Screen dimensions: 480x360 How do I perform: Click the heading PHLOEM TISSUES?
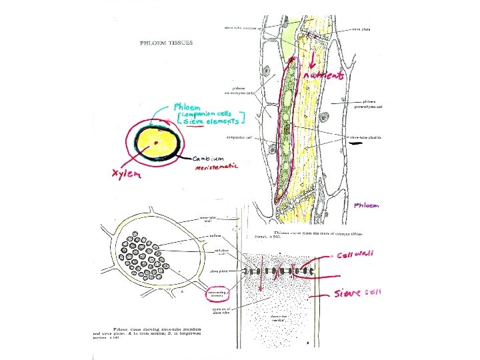pos(166,42)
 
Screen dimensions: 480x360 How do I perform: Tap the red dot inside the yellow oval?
pos(156,142)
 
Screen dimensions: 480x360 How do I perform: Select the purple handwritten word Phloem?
pos(367,205)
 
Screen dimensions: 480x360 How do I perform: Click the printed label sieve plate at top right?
pos(361,30)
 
